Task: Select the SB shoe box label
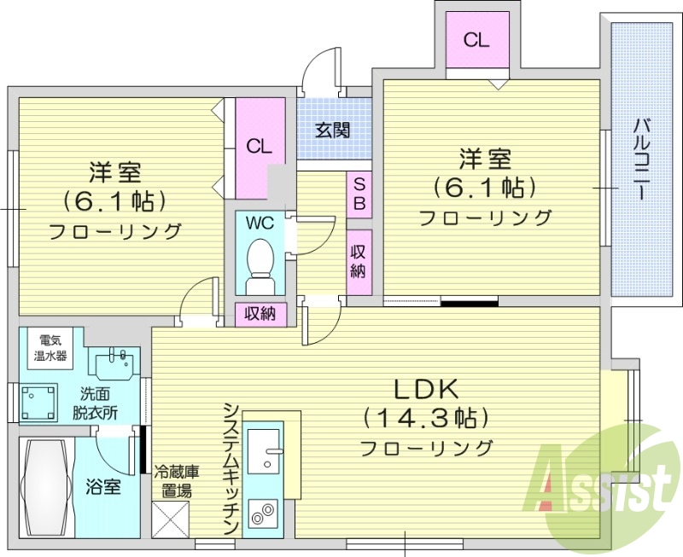tap(359, 194)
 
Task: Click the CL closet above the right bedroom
tap(476, 39)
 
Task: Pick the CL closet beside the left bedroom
tap(260, 145)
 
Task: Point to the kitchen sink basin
tap(263, 448)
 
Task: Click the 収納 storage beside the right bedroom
tap(359, 264)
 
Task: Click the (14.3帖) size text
tap(426, 418)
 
